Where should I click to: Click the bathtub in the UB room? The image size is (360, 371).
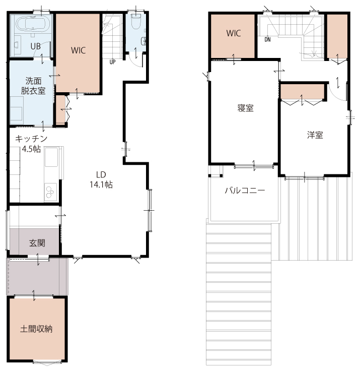click(x=33, y=24)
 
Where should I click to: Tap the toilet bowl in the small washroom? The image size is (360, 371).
click(x=136, y=21)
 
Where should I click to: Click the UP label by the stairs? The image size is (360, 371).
click(x=112, y=62)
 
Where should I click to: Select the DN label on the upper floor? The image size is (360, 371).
click(x=267, y=39)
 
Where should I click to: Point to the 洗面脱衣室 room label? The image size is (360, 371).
click(x=33, y=86)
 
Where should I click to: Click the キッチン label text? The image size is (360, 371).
click(x=31, y=139)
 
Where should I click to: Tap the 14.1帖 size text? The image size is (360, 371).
click(x=101, y=184)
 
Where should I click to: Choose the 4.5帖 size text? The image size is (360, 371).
click(x=31, y=149)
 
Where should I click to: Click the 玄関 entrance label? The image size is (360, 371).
click(x=37, y=243)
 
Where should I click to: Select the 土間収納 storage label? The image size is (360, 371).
click(x=36, y=329)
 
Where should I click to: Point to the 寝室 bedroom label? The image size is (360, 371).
click(x=246, y=108)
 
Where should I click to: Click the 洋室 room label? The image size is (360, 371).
click(x=315, y=135)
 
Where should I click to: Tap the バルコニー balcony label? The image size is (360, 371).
click(x=245, y=191)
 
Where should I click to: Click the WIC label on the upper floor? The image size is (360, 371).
click(x=234, y=33)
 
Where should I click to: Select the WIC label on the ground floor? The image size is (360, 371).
click(x=78, y=50)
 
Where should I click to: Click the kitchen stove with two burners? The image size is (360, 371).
click(x=50, y=192)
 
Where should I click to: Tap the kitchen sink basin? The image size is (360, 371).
click(x=51, y=157)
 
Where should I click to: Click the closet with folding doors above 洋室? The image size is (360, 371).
click(x=302, y=92)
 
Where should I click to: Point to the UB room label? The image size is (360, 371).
click(x=36, y=46)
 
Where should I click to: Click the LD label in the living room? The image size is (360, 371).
click(x=101, y=174)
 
